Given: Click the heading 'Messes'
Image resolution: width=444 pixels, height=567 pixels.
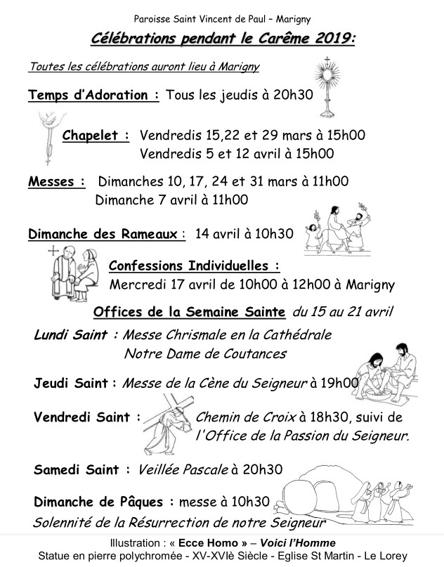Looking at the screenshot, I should pos(57,182).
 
